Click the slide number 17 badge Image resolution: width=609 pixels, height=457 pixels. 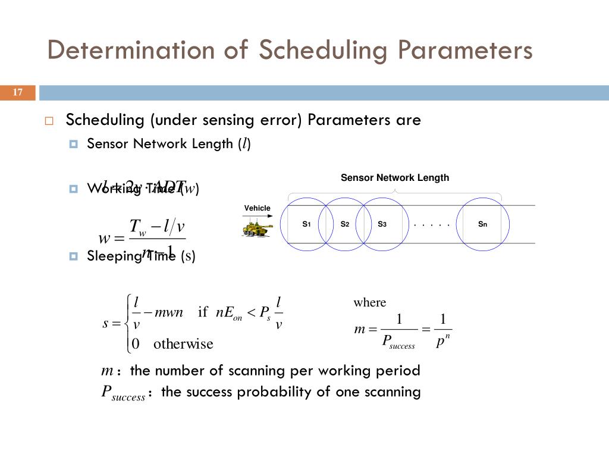click(17, 92)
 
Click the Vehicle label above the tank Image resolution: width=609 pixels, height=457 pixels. click(257, 208)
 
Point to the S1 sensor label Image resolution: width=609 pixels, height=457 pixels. click(306, 224)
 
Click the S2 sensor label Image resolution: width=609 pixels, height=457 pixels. click(344, 224)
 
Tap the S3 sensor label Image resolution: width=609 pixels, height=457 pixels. click(382, 224)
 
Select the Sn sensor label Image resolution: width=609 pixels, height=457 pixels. click(482, 224)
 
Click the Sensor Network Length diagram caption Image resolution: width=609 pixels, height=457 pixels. click(394, 177)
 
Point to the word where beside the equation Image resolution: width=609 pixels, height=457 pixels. click(369, 302)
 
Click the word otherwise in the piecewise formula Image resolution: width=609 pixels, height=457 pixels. click(183, 344)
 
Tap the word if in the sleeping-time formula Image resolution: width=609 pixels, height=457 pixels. click(203, 312)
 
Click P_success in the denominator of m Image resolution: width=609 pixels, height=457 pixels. click(398, 342)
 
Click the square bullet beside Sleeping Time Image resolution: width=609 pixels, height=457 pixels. click(74, 256)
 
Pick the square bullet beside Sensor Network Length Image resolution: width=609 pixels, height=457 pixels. click(74, 144)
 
